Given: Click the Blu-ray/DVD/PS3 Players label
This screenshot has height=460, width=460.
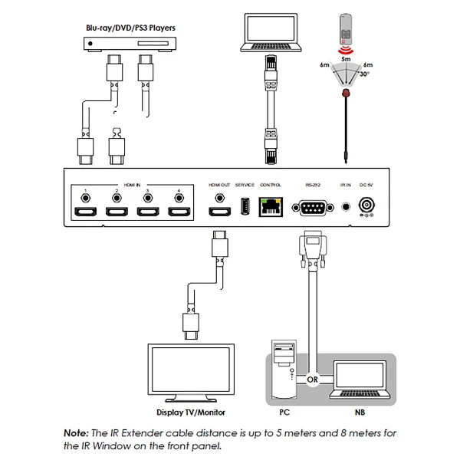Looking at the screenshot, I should (130, 28).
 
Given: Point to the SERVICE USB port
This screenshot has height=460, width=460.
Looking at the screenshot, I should (245, 207).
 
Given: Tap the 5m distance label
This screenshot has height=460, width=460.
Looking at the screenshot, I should (346, 58).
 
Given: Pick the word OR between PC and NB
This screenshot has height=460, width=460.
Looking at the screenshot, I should (312, 377).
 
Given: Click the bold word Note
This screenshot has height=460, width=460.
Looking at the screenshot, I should (77, 433).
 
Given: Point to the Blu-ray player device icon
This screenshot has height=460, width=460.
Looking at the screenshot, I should (130, 44).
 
